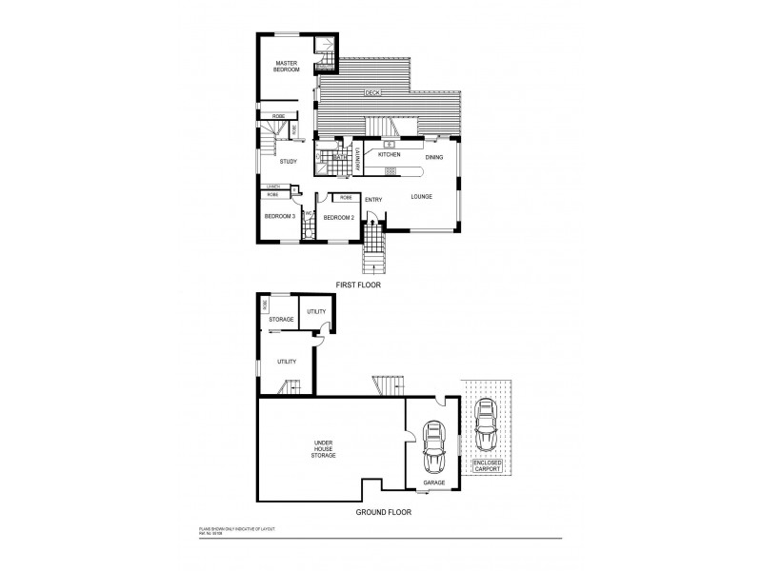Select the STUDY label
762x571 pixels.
pos(289,161)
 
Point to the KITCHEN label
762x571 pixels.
pos(389,154)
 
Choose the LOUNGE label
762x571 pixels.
pos(422,197)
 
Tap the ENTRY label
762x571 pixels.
pos(373,200)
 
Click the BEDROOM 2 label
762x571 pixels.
pos(338,218)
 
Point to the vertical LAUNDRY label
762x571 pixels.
pos(357,158)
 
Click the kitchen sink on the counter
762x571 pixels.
pos(390,144)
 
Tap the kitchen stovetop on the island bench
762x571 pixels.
pos(390,171)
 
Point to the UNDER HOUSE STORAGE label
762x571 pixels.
pos(324,450)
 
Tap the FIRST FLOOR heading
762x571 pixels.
pos(359,285)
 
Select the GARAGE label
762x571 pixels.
pos(433,483)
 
